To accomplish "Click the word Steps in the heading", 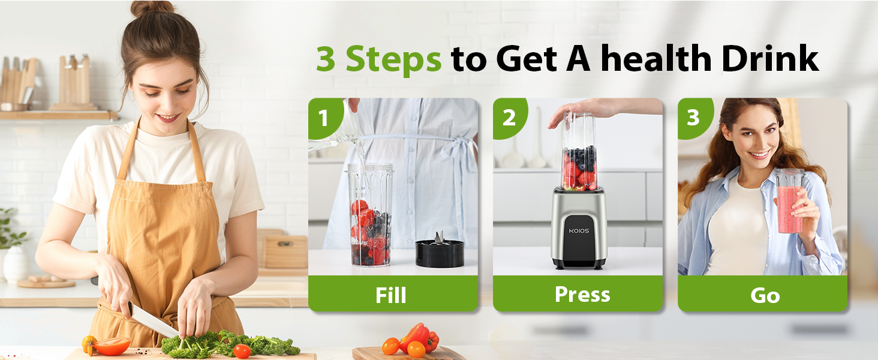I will pyautogui.click(x=393, y=59).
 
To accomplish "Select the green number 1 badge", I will pyautogui.click(x=324, y=118).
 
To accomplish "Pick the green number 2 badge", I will pyautogui.click(x=509, y=118).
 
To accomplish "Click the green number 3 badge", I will pyautogui.click(x=693, y=118).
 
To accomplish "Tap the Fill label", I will pyautogui.click(x=391, y=295).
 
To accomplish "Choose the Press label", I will pyautogui.click(x=582, y=294).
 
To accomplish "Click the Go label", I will pyautogui.click(x=765, y=295).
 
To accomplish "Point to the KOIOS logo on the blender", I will pyautogui.click(x=579, y=230).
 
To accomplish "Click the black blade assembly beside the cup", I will pyautogui.click(x=440, y=252).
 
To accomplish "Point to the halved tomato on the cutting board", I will pyautogui.click(x=111, y=346).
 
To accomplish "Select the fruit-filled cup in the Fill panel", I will pyautogui.click(x=370, y=216).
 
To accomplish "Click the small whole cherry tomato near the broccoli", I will pyautogui.click(x=242, y=351).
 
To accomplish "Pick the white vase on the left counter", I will pyautogui.click(x=15, y=264).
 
